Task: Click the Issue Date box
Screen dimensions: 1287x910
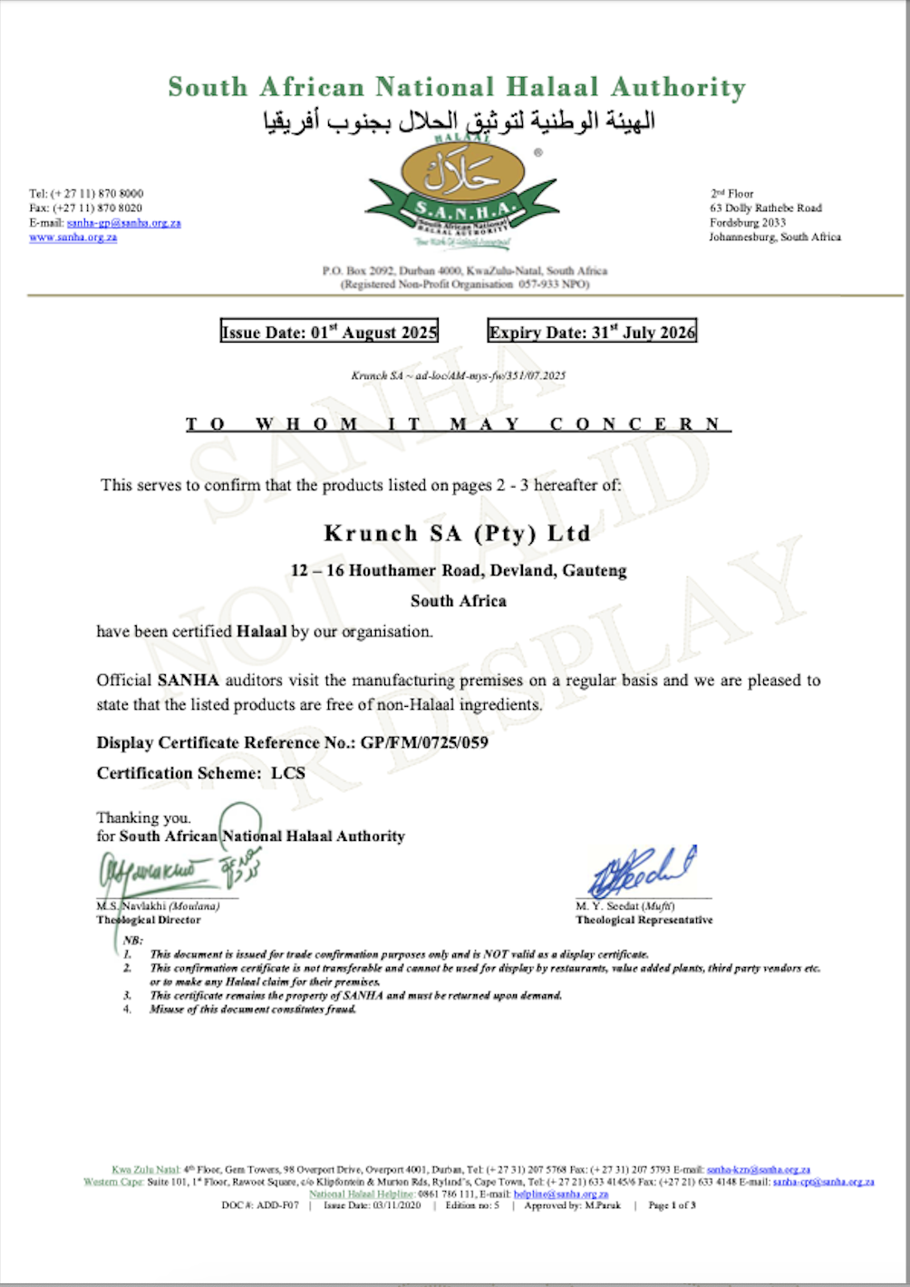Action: click(329, 332)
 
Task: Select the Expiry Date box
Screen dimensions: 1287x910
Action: click(592, 332)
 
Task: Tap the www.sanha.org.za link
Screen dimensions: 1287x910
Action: click(73, 237)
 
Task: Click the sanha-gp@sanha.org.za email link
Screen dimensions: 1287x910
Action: click(123, 223)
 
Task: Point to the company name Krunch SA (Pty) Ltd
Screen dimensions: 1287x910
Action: click(457, 533)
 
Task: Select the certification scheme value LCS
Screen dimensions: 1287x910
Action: click(288, 773)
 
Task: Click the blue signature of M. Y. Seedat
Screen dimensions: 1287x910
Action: click(642, 872)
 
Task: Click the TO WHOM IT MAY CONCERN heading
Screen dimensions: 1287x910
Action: click(458, 424)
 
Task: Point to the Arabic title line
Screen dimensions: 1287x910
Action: click(459, 121)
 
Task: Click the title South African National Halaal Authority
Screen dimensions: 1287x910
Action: click(457, 87)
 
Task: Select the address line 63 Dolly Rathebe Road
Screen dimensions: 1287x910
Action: click(766, 208)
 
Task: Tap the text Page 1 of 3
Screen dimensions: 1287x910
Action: click(672, 1205)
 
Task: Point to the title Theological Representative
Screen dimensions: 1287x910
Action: click(644, 920)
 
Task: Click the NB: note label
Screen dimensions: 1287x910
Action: click(133, 941)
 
